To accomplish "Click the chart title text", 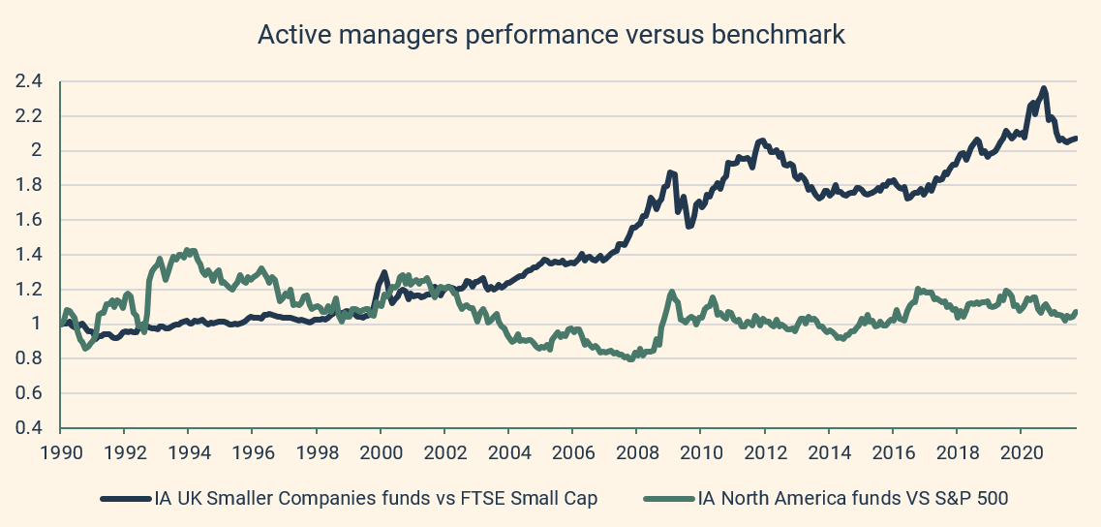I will coord(551,36).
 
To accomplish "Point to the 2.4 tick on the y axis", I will coord(29,81).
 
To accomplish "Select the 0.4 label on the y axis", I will coord(29,428).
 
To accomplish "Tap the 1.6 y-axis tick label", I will coord(29,220).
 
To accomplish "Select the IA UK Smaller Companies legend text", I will coord(376,499).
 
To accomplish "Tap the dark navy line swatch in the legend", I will coord(126,499).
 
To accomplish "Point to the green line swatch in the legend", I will coord(669,499).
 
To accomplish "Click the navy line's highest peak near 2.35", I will coord(1043,89).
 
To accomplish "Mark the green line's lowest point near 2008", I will coord(631,358).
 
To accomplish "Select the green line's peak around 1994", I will coord(189,250).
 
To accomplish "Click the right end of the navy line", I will coord(1076,139).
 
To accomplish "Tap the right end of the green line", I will coord(1076,311).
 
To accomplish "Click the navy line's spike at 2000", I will coord(384,273).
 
